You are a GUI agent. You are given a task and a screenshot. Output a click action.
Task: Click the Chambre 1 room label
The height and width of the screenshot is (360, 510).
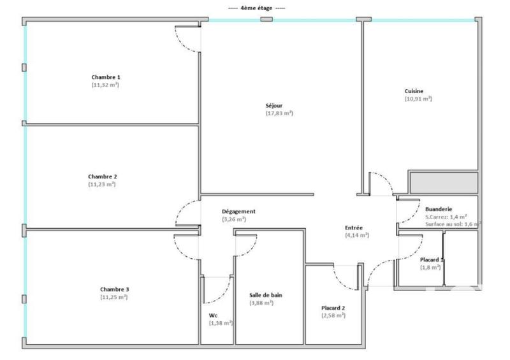(106, 77)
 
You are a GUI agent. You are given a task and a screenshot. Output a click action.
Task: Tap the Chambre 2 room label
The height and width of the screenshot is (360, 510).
(103, 176)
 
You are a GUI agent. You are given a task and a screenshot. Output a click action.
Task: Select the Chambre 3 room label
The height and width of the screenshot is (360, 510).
(114, 289)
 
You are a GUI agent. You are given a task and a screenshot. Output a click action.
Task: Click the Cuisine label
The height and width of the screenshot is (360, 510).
(414, 91)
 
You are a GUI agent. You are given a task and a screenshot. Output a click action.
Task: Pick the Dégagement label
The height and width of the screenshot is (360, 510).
(238, 212)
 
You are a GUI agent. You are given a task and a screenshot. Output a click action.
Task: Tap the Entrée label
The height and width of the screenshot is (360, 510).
(354, 227)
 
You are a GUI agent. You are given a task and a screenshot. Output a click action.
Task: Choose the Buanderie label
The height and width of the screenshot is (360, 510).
(439, 209)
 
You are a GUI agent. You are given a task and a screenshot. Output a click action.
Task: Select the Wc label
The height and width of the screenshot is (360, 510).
(213, 315)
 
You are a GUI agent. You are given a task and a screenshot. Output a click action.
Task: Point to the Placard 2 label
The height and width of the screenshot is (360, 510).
(333, 308)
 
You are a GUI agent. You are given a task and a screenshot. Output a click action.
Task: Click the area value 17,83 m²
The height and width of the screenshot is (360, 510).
(279, 113)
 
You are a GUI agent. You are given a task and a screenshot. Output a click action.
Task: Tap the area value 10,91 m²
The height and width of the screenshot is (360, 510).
(418, 99)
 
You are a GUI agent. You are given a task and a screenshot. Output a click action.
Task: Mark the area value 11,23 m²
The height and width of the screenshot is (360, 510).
(102, 184)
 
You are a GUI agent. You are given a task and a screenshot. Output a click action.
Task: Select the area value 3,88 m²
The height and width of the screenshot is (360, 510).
(261, 303)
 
